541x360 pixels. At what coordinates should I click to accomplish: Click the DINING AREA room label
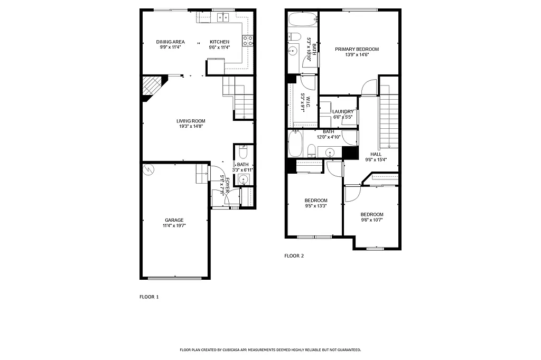click(x=170, y=42)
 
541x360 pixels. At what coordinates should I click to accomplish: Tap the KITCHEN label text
click(x=219, y=42)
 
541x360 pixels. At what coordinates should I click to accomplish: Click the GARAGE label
click(x=174, y=220)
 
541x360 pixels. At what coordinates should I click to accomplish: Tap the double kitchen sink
click(x=222, y=18)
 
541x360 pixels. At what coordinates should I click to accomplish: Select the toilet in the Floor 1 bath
click(x=243, y=153)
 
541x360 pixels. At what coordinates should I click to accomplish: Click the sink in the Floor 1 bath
click(x=243, y=180)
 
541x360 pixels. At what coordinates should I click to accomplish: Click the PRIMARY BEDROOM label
click(x=357, y=49)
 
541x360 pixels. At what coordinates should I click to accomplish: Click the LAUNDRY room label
click(x=343, y=111)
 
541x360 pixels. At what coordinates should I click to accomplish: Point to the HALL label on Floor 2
click(x=376, y=154)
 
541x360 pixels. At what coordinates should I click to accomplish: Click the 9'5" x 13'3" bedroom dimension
click(x=316, y=206)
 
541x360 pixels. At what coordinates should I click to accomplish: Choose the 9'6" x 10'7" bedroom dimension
click(x=372, y=220)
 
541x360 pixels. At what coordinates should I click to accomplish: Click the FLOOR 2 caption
click(x=294, y=255)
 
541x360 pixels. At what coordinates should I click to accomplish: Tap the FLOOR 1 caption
click(x=149, y=297)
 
